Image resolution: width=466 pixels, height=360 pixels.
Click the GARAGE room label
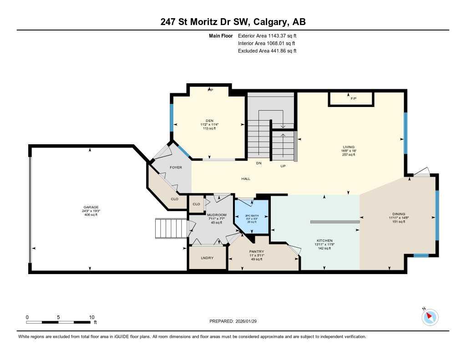tap(91, 207)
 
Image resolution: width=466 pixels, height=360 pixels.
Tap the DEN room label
tap(209, 121)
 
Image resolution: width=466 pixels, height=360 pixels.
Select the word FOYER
tap(176, 167)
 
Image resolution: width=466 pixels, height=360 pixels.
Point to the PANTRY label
tap(257, 252)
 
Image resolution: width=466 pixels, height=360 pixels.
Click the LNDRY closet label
tap(208, 258)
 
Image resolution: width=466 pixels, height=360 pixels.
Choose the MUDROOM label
tap(217, 215)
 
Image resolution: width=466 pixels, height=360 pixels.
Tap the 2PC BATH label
tap(252, 216)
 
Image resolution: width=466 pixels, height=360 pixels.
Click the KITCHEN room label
tap(325, 241)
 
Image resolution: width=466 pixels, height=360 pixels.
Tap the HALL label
tap(246, 178)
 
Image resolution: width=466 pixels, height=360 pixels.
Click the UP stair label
tap(283, 166)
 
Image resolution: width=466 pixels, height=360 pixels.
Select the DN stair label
tap(258, 163)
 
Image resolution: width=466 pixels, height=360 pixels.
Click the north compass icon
tap(430, 316)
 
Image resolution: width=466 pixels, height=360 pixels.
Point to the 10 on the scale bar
tap(91, 317)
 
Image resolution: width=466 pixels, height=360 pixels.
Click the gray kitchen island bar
tap(334, 222)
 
